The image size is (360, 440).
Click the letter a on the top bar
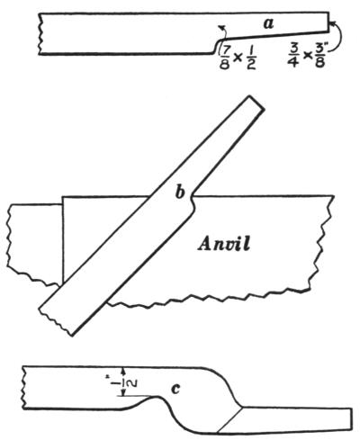pos(268,23)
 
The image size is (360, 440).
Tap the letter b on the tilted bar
pos(180,193)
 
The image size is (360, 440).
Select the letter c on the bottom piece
pos(175,389)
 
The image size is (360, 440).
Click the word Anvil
pos(224,244)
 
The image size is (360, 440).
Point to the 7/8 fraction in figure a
pos(225,58)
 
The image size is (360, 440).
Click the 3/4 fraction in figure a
pos(292,58)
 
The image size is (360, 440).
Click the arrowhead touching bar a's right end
pos(331,22)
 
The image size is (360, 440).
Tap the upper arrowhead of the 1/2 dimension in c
pos(122,370)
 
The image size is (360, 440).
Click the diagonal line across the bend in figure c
pos(229,420)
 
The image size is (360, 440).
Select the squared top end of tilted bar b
pos(257,103)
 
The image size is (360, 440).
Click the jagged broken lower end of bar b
pos(55,322)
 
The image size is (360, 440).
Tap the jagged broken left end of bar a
pos(40,33)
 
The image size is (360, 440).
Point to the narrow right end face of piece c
pos(352,419)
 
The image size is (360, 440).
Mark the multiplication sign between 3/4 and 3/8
pos(307,56)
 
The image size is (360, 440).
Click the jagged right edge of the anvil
pos(322,243)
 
